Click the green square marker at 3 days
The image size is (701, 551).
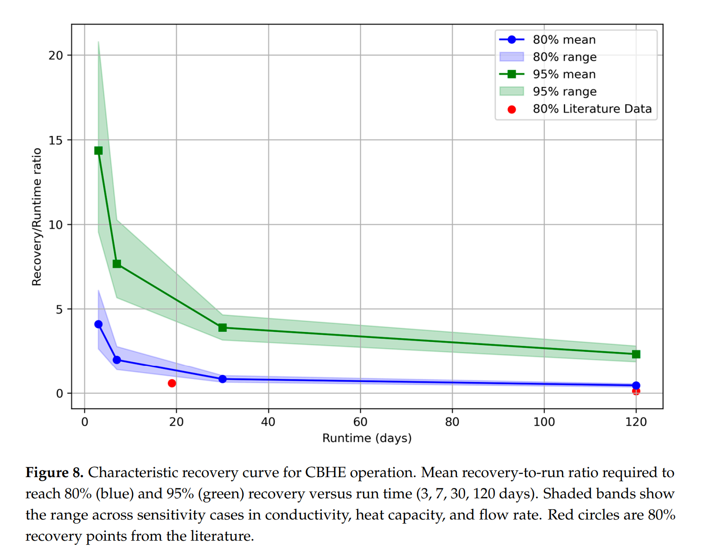coord(99,150)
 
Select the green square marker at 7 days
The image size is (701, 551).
coord(117,264)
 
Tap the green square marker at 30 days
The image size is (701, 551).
coord(222,328)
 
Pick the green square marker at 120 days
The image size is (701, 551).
coord(636,354)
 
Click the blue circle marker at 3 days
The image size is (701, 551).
coord(99,324)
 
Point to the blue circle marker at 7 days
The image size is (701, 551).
coord(117,360)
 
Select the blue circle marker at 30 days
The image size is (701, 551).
coord(222,379)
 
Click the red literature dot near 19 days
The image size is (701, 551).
coord(172,383)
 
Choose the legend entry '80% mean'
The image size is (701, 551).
coord(564,40)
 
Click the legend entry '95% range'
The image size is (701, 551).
coord(564,91)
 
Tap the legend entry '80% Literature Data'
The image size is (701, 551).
coord(592,109)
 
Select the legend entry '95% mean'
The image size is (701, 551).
coord(564,74)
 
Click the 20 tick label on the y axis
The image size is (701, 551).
coord(56,55)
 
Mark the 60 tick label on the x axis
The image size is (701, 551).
coord(360,422)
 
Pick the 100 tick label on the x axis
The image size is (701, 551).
coord(544,422)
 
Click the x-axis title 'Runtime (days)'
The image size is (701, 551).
coord(367,438)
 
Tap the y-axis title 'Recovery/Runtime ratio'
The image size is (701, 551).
coord(36,217)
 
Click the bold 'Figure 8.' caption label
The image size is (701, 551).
coord(54,473)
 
